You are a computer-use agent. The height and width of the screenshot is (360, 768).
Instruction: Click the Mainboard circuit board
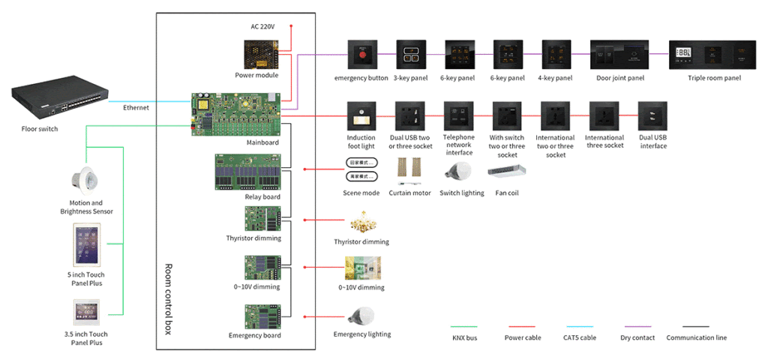(x=236, y=113)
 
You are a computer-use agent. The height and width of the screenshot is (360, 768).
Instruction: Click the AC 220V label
(x=262, y=26)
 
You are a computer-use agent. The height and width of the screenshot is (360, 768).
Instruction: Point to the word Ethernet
(x=136, y=108)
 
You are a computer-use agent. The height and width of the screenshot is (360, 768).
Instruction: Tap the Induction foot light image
(x=361, y=116)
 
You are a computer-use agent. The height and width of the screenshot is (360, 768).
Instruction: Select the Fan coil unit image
(x=506, y=172)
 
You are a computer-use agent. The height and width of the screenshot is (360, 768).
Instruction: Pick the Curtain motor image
(x=409, y=172)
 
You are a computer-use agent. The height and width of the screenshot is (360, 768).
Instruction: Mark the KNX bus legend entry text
(x=465, y=337)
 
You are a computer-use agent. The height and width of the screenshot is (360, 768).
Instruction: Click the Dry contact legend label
(x=639, y=337)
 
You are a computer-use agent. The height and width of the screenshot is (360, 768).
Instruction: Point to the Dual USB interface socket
(x=652, y=116)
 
